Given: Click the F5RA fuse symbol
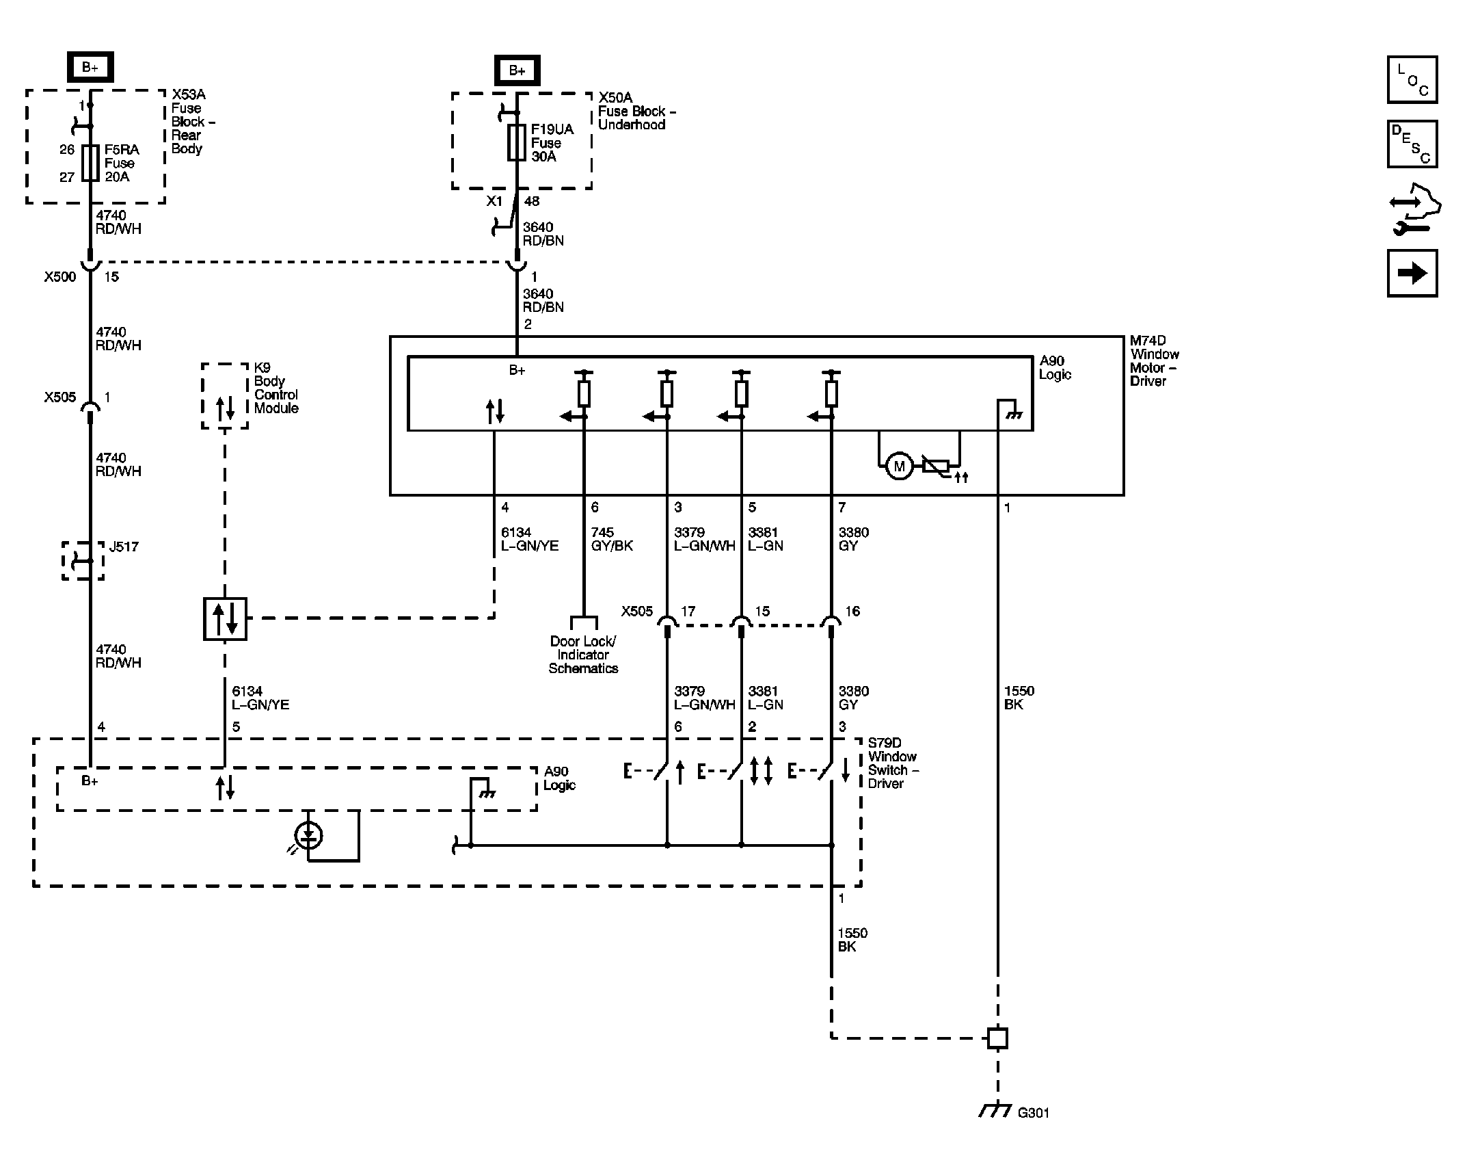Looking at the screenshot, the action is (90, 163).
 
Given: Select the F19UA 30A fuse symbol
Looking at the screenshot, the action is (517, 142).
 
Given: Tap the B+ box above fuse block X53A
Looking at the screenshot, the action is (90, 67).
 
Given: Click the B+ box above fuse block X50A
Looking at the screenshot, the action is (517, 70).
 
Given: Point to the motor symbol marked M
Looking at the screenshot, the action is (899, 467).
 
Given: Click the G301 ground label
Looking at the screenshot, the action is (1033, 1113).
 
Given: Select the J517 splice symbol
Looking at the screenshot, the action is (83, 561).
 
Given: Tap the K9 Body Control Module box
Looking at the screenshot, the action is (225, 396).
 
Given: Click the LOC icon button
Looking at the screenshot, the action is (1412, 79).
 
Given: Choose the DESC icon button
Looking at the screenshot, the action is (1412, 144).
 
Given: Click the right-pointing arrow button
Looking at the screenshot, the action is (1412, 273).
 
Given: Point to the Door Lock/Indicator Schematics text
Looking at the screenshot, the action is (583, 655).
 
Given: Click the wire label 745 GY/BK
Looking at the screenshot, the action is (612, 539).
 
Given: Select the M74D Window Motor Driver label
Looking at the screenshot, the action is (1154, 360).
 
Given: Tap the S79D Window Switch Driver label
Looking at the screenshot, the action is (893, 763).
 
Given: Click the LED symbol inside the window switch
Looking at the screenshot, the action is (309, 835).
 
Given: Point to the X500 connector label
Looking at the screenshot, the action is (60, 277).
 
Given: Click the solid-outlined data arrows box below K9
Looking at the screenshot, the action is (225, 619).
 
